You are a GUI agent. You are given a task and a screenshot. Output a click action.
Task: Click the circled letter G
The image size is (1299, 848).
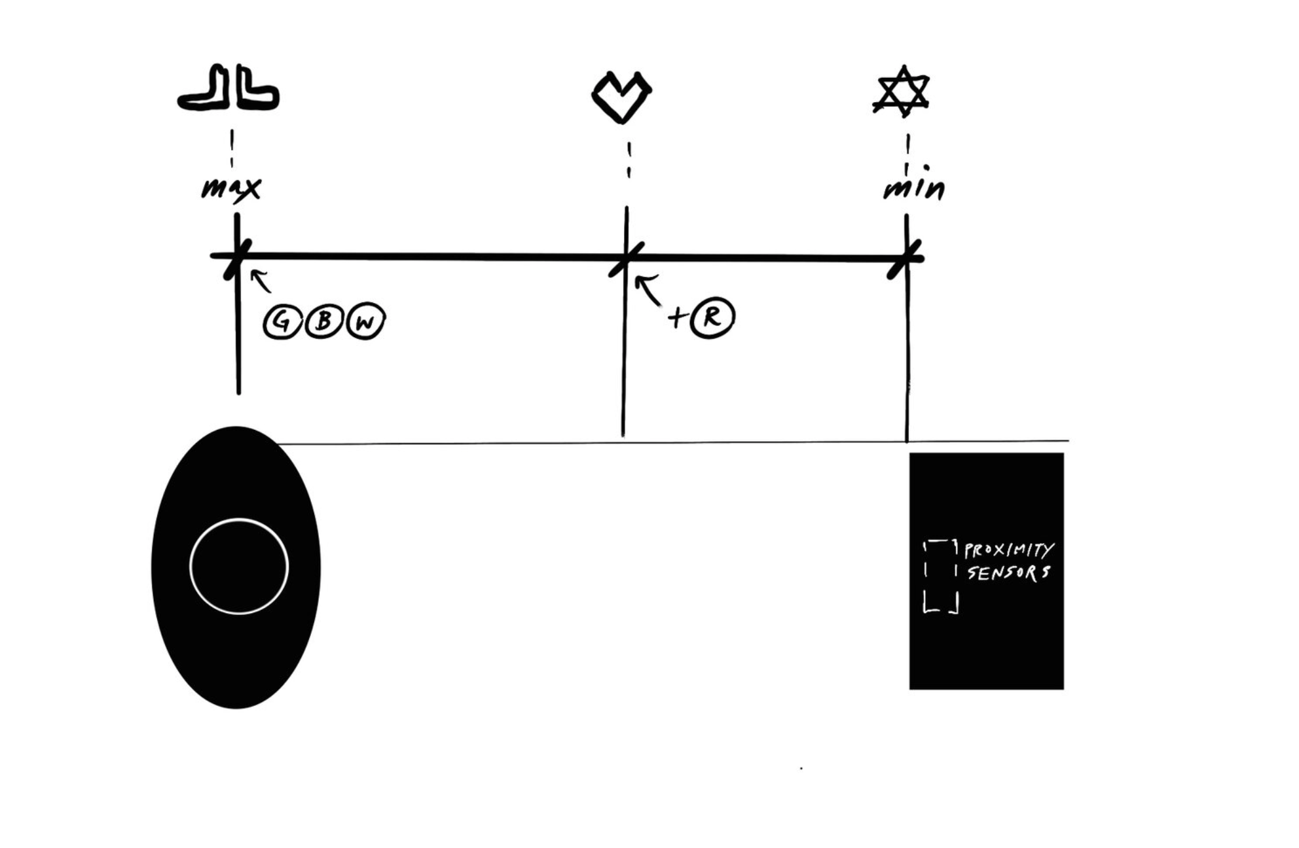tap(282, 322)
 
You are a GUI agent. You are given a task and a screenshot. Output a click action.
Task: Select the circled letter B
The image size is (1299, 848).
tap(323, 321)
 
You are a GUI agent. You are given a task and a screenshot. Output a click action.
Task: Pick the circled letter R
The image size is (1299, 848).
tap(712, 317)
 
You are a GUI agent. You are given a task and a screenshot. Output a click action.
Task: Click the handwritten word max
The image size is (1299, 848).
tap(230, 188)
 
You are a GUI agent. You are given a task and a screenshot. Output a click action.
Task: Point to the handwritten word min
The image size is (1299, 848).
tap(914, 188)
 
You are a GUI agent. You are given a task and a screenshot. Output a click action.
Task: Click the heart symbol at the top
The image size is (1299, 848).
tap(621, 97)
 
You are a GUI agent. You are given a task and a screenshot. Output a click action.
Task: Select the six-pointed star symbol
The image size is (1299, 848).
tap(902, 92)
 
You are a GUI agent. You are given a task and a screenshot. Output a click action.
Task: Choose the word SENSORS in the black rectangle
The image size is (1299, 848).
tap(1008, 573)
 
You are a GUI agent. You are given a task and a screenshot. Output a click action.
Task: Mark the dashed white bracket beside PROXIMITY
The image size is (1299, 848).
tap(941, 576)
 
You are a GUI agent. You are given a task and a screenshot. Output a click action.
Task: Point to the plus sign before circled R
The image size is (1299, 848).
tap(677, 318)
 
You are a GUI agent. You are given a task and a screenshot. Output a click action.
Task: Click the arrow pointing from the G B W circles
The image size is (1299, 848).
tap(261, 281)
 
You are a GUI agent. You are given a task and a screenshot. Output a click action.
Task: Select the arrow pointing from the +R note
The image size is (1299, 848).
tap(648, 290)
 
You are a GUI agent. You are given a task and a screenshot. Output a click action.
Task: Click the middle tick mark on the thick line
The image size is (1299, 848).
tap(626, 258)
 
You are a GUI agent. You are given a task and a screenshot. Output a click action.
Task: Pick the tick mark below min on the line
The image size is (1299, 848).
tap(906, 259)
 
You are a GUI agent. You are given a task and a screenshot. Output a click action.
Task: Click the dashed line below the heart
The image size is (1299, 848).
tap(629, 161)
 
